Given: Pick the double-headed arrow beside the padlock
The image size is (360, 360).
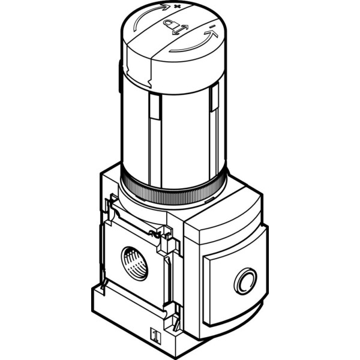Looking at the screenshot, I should coord(181,28).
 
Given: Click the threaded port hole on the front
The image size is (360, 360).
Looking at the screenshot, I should coord(133,262).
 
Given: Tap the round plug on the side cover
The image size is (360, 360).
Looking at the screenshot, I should coord(245,280).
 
